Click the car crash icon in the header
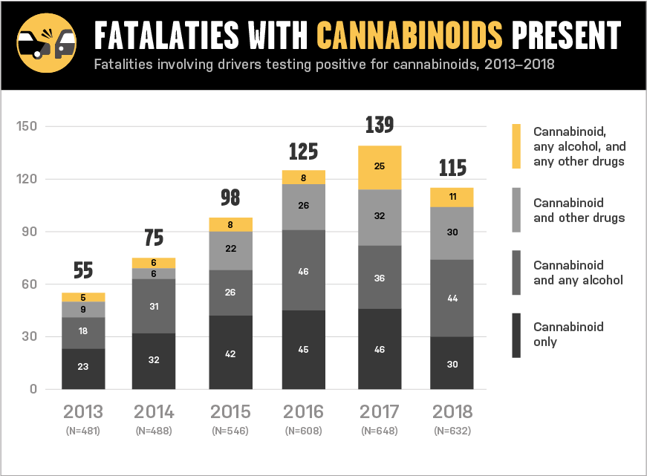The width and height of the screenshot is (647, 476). point(47,45)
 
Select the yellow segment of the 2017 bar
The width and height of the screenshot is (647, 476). point(380,167)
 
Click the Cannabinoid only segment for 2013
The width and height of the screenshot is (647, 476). point(83,366)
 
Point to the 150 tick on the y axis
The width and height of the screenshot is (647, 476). point(27,126)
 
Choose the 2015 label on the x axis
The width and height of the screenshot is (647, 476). point(230,411)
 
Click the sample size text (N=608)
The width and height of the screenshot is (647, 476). point(304,431)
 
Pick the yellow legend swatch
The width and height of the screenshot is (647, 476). point(516,146)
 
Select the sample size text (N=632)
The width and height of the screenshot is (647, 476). point(452,431)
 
